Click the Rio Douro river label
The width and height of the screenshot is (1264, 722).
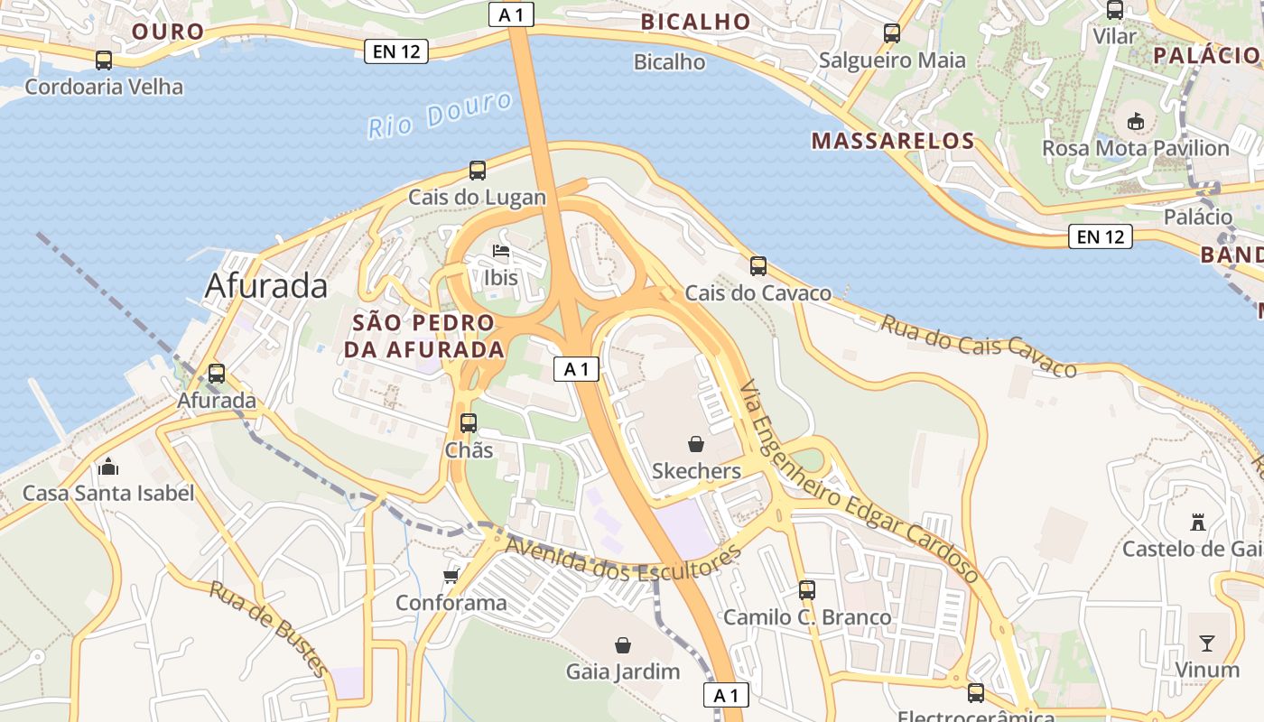[x=440, y=116]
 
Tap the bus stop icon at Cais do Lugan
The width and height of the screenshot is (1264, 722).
[x=478, y=170]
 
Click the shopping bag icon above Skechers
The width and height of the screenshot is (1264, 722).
[x=696, y=443]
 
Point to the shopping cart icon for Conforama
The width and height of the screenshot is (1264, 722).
[x=451, y=575]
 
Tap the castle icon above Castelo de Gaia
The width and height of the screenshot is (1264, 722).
[x=1198, y=522]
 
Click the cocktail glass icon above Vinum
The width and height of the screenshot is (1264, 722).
[x=1207, y=643]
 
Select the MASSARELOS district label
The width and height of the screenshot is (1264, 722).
[x=893, y=141]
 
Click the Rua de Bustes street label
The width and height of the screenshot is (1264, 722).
[x=268, y=629]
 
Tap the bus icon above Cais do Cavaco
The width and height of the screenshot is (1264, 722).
[x=758, y=266]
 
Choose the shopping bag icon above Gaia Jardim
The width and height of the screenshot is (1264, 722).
[x=623, y=644]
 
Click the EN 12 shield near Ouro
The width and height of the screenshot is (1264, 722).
[x=395, y=51]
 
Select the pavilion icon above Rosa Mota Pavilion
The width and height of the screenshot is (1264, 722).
[x=1136, y=121]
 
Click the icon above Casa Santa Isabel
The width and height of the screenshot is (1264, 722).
[x=108, y=467]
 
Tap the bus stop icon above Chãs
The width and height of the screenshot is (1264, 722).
[x=469, y=422]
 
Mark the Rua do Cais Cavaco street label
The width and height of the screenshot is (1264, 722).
[x=979, y=345]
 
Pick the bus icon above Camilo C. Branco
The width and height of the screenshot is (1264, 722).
[x=807, y=590]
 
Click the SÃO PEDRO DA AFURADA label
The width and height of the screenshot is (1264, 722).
[x=423, y=336]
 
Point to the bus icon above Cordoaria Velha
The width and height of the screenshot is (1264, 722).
[x=104, y=60]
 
